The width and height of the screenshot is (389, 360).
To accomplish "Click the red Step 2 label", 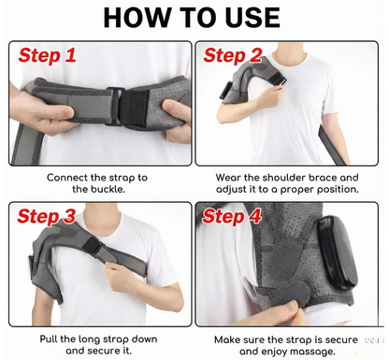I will [x=235, y=55].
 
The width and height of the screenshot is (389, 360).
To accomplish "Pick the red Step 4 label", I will [x=235, y=217].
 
